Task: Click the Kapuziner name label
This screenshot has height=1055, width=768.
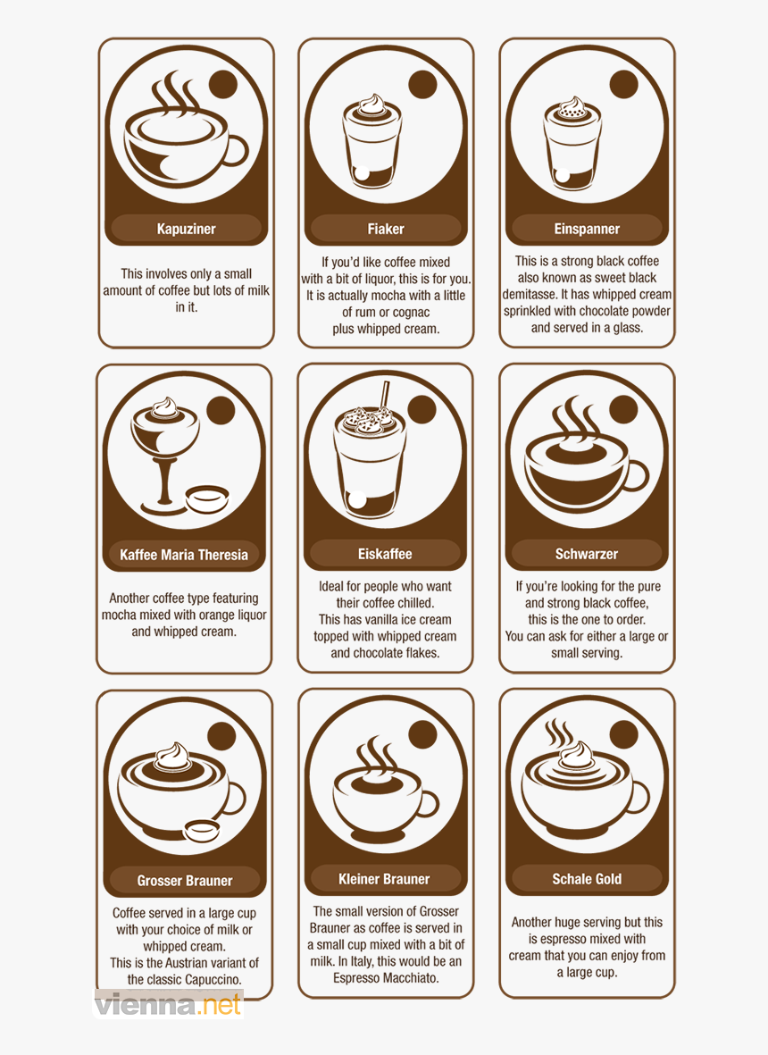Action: click(x=186, y=229)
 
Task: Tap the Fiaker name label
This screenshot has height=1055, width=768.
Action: click(x=386, y=229)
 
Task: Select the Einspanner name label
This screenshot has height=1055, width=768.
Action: click(x=587, y=229)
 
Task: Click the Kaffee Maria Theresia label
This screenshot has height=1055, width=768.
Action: click(x=184, y=555)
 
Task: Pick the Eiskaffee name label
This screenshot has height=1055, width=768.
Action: click(x=385, y=554)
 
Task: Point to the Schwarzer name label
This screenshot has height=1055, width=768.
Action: click(x=587, y=554)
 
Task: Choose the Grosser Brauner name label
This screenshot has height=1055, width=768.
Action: click(x=185, y=881)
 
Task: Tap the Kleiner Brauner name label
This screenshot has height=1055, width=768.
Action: click(x=385, y=879)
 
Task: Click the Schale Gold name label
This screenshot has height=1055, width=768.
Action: click(x=587, y=879)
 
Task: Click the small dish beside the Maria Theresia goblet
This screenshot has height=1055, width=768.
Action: click(x=207, y=498)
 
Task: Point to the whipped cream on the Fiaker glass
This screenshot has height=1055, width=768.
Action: click(x=366, y=105)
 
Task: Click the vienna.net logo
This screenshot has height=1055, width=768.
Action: click(x=168, y=1005)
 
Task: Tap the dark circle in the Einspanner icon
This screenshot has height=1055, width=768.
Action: click(x=623, y=85)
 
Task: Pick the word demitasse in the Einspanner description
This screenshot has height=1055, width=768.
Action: click(x=530, y=294)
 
